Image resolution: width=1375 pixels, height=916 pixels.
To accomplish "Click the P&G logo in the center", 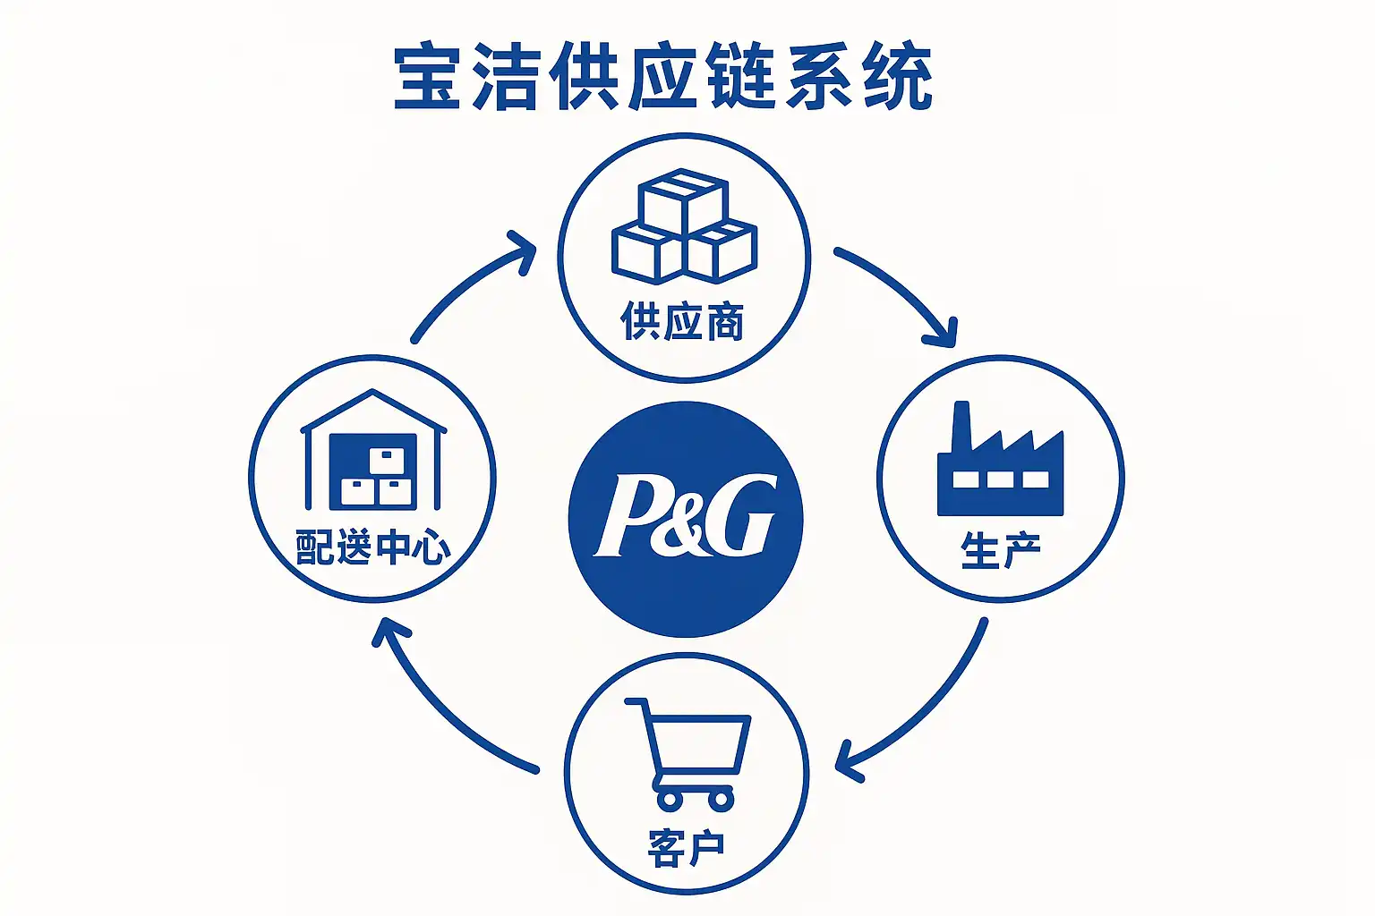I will pos(686,518).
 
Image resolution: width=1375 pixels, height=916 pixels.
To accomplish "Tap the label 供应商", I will pos(682,321).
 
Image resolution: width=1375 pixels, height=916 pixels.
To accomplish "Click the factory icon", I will pos(1000,462).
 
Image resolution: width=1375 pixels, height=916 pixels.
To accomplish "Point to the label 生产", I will pos(1001,549).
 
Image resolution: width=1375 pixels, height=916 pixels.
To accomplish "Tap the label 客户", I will pos(686,846).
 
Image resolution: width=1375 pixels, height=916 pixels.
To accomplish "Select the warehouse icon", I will pos(373,451).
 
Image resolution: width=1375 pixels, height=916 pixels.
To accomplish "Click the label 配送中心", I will pos(373,547).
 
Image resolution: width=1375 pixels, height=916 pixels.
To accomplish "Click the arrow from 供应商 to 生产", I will pos(900,291).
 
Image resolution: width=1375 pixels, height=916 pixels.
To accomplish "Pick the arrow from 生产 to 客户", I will pos(922,707).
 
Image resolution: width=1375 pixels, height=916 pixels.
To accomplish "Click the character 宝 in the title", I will pos(427,78).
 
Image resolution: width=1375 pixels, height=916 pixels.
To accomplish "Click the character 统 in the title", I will pos(898,78).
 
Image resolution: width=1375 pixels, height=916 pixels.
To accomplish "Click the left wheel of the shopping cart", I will pos(669,798).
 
